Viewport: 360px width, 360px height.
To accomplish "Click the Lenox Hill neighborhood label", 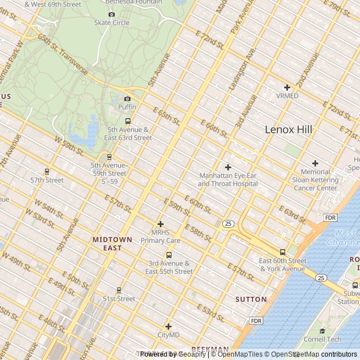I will (x=288, y=129).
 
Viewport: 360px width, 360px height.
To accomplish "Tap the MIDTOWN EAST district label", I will (x=112, y=244).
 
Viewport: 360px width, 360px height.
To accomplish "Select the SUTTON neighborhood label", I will (x=251, y=299).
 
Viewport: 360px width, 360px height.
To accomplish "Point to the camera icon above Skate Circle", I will (x=111, y=14).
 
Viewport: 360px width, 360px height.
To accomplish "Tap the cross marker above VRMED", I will (x=287, y=87).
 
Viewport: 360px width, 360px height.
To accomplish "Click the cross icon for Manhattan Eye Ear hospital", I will (x=228, y=167).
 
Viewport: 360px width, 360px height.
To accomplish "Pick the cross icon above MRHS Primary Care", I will (x=160, y=224).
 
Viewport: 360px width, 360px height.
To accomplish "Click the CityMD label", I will (x=168, y=335).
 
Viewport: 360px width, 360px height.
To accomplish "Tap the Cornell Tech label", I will (x=322, y=339).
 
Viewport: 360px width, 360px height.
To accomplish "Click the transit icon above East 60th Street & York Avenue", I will (x=282, y=252).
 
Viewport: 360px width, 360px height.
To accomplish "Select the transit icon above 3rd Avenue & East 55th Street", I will (x=169, y=255).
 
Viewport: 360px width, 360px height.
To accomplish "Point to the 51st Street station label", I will (x=119, y=299).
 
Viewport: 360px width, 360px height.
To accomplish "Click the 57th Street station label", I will (x=47, y=180).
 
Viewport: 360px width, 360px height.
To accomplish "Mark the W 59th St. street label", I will (x=69, y=145).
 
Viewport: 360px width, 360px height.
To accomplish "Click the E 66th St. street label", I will (x=214, y=129).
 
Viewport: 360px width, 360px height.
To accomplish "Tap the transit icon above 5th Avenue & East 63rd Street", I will (x=128, y=121).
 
